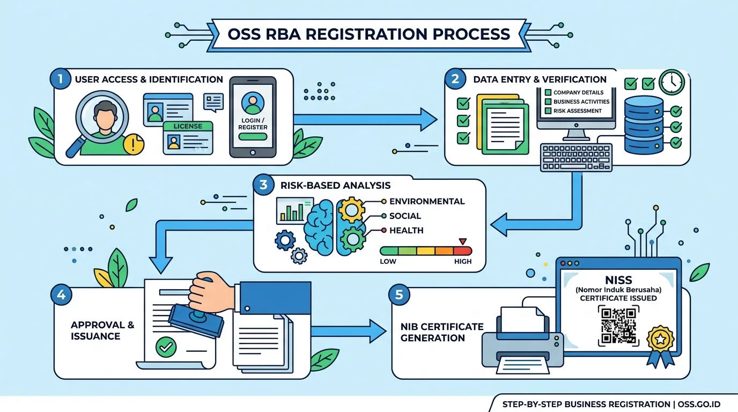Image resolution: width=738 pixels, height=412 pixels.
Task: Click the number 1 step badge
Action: click(60, 79)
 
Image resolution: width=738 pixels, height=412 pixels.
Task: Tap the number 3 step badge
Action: click(263, 185)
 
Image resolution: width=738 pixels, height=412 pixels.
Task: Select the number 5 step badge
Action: click(399, 295)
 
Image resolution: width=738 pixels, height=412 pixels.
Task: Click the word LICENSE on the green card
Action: click(188, 126)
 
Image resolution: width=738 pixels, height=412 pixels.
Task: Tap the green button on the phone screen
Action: click(253, 137)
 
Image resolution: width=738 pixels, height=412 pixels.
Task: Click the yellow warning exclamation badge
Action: click(133, 144)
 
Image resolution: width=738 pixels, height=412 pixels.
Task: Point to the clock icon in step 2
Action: click(672, 82)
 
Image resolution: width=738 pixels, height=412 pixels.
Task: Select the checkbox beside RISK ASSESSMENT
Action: click(548, 111)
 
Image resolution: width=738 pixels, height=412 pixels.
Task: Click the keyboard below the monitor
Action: click(576, 158)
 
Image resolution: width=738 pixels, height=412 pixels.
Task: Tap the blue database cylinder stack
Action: click(644, 125)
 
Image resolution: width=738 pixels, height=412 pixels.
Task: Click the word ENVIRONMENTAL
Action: click(427, 201)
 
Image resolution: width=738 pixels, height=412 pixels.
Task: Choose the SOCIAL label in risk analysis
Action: click(405, 216)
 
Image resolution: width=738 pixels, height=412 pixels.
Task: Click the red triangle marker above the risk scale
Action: click(462, 241)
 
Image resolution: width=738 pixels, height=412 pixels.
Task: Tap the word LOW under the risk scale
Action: click(388, 261)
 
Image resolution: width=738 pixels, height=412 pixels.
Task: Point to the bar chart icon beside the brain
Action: click(294, 211)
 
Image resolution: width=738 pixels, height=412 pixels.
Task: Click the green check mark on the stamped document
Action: click(166, 347)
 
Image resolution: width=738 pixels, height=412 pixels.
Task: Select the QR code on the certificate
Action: click(618, 326)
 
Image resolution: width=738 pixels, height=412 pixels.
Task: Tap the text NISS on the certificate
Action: click(618, 280)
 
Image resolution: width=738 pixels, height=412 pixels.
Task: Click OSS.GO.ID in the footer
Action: click(699, 404)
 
